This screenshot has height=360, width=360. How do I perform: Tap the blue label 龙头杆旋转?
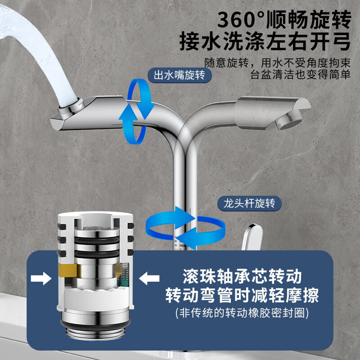[249, 203]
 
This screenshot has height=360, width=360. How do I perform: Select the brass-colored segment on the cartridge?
[67, 271]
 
